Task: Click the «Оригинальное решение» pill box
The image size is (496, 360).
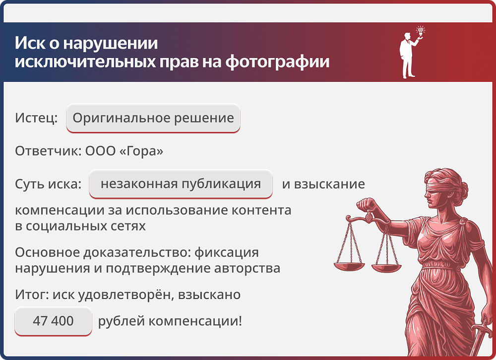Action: [153, 119]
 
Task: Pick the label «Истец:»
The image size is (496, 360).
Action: [36, 119]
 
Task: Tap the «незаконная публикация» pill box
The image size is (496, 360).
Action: [181, 184]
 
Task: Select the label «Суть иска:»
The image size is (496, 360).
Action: [48, 184]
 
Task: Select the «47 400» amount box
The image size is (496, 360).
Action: [53, 321]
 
